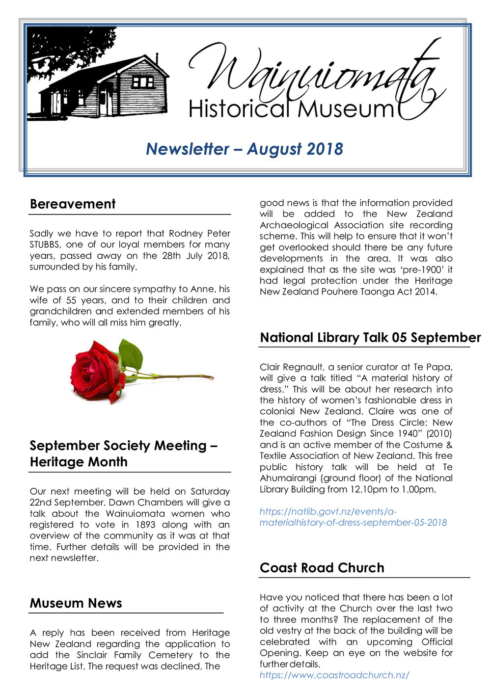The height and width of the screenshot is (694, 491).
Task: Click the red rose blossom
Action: point(96,372)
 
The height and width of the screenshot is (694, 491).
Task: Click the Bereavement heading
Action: point(73,204)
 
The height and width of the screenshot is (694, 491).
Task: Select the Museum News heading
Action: point(76,603)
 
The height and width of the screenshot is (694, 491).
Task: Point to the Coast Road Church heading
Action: point(322,568)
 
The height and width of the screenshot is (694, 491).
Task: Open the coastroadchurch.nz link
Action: point(334,675)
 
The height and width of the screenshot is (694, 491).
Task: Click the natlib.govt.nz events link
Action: point(353,517)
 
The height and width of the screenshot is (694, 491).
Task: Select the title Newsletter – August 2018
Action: point(244,149)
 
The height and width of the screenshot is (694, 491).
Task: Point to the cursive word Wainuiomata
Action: point(314,74)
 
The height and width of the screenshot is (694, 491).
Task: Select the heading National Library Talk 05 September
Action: point(370,338)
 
